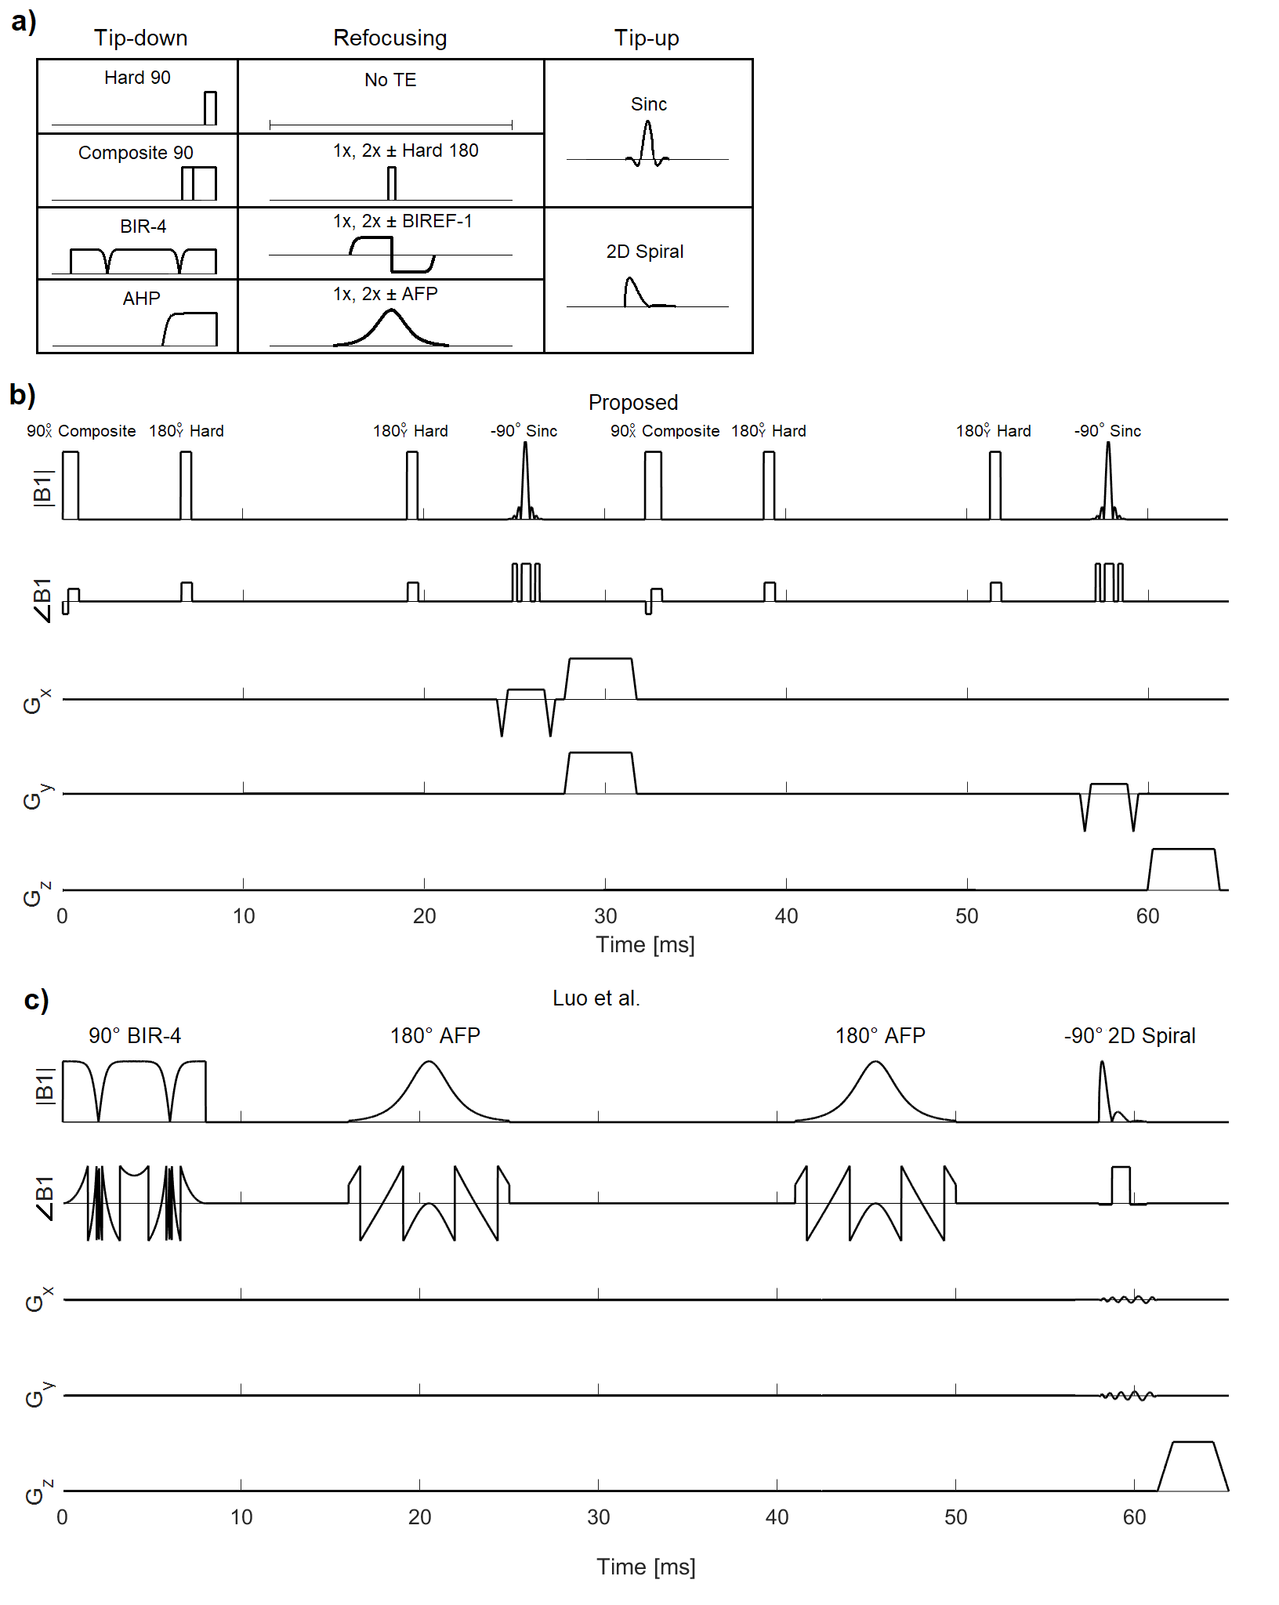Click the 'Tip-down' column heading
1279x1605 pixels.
click(140, 38)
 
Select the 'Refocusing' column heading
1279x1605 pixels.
click(389, 38)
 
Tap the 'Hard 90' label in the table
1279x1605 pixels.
click(137, 78)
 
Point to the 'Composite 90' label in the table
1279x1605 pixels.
click(136, 153)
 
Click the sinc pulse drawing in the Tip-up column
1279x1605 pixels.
click(648, 146)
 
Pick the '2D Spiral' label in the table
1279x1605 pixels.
click(644, 252)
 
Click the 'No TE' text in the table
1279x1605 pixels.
click(390, 80)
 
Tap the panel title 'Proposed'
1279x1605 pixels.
click(633, 402)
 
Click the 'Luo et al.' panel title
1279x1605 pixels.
click(596, 998)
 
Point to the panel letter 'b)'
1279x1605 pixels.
click(23, 394)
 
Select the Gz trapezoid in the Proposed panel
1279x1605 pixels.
click(1183, 868)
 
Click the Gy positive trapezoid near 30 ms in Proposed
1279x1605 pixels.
click(600, 772)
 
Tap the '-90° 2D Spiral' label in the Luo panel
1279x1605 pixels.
click(1129, 1035)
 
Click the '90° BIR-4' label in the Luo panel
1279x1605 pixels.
click(135, 1035)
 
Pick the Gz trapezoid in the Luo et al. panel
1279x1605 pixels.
click(1193, 1465)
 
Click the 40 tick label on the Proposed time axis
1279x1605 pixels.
click(786, 916)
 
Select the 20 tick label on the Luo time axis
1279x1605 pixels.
click(419, 1517)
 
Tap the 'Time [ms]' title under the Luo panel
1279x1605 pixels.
click(646, 1567)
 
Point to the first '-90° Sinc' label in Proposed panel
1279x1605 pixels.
click(524, 431)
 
